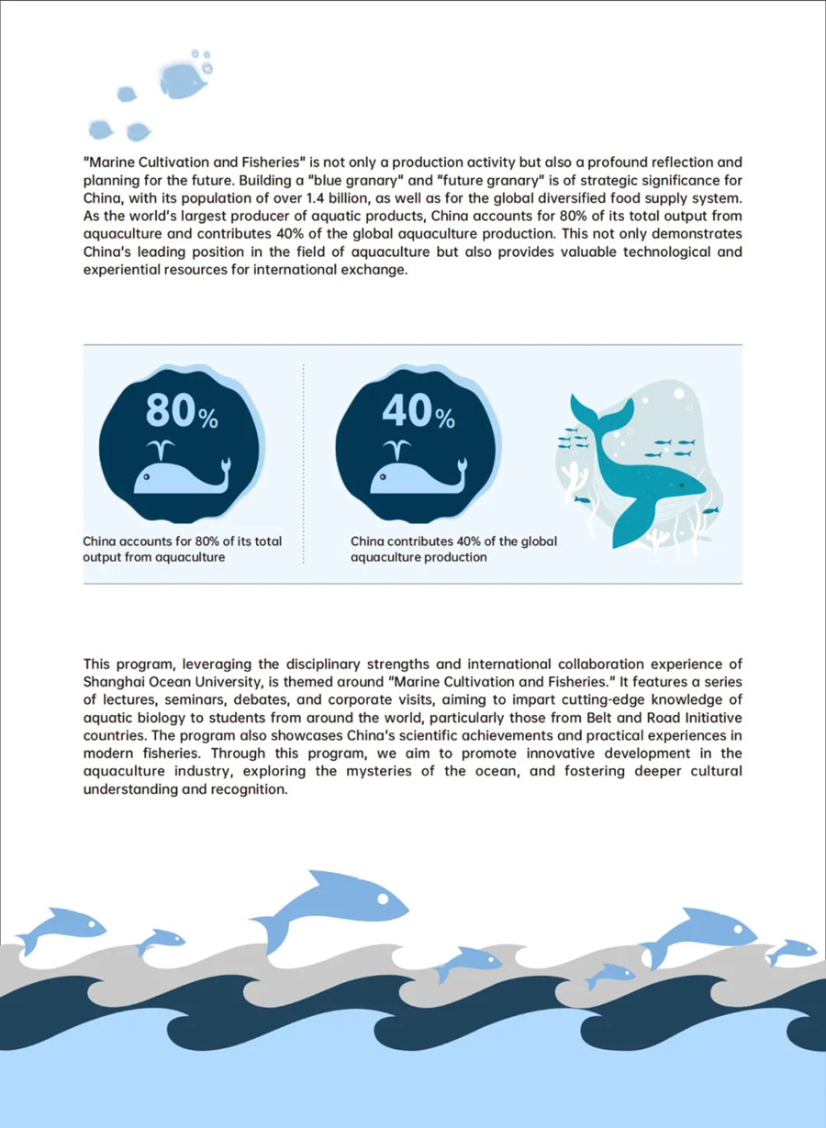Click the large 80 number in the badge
pos(171,410)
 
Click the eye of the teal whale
pos(682,484)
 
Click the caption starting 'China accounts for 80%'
pos(182,549)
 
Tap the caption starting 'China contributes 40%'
pos(453,549)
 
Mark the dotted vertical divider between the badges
pos(304,463)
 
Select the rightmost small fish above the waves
pos(791,950)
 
